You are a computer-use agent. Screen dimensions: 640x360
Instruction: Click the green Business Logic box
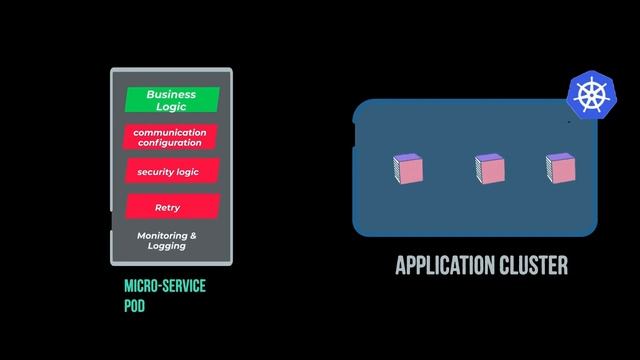point(171,100)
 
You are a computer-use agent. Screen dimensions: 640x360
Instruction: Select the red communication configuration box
point(170,137)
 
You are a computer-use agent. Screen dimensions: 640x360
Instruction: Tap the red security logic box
point(171,172)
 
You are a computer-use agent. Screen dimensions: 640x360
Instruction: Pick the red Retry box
point(170,207)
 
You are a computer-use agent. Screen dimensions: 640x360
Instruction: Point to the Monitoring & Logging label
point(167,241)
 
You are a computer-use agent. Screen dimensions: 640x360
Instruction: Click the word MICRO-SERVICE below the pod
point(165,287)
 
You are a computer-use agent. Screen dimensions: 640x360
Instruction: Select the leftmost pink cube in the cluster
point(409,169)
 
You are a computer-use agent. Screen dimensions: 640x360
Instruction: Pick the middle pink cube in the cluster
point(489,169)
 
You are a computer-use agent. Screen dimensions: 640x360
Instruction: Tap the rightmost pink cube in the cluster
point(561,169)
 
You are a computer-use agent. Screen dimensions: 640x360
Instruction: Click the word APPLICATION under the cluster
point(445,265)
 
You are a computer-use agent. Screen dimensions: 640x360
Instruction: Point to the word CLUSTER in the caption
point(533,265)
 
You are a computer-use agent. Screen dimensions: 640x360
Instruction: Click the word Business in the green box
point(171,95)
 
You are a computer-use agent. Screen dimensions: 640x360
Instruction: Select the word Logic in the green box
point(171,106)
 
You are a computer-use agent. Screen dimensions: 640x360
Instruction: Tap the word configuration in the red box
point(170,143)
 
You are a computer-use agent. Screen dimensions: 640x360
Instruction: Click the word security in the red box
point(155,172)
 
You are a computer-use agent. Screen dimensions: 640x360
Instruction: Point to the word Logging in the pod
point(167,246)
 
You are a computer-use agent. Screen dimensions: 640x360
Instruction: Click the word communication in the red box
point(170,132)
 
